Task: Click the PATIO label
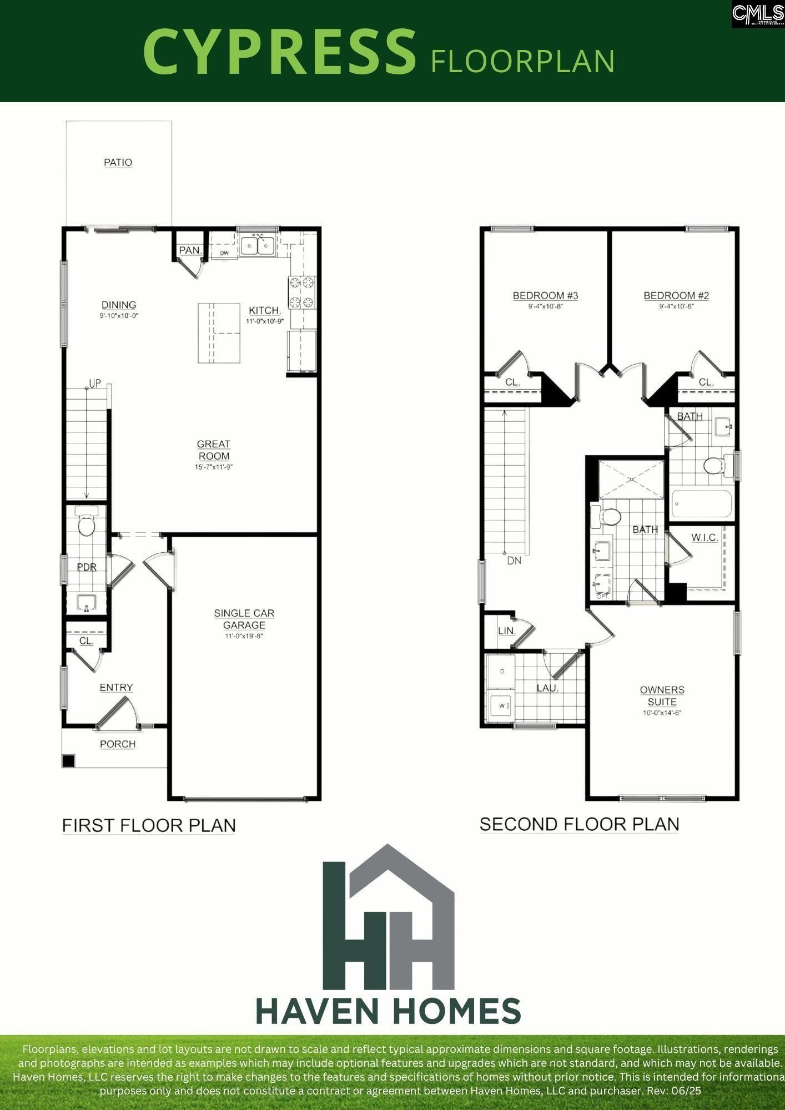[118, 163]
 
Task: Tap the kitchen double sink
[257, 245]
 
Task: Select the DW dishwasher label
[224, 254]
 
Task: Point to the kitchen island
[219, 333]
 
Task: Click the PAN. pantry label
[190, 250]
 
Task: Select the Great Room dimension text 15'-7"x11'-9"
[213, 467]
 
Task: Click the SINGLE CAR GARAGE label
[244, 619]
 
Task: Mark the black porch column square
[68, 761]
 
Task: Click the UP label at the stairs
[95, 384]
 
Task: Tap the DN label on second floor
[514, 561]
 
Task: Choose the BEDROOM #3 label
[545, 295]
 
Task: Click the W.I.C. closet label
[705, 537]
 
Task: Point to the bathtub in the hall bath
[701, 503]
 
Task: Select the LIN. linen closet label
[506, 631]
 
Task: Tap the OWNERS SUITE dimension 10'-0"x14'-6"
[662, 713]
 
